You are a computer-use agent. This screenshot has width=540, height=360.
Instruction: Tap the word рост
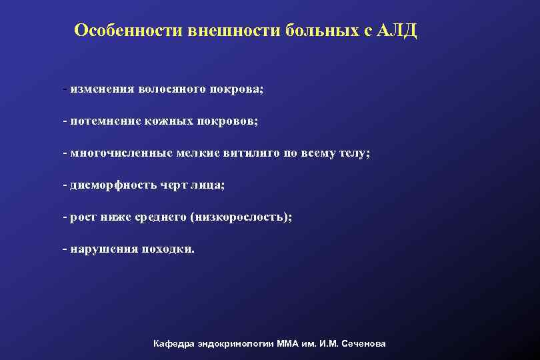82,217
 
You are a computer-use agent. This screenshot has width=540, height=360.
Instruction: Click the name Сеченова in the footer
363,343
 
